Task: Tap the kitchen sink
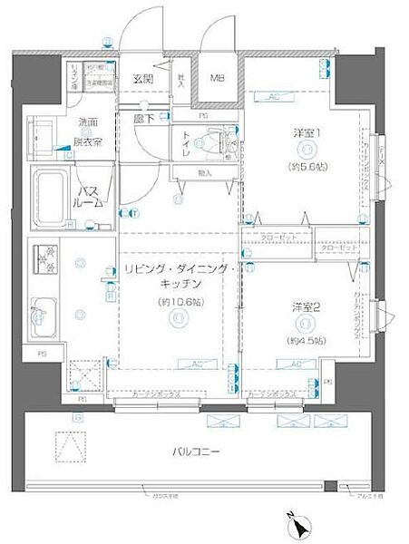click(44, 315)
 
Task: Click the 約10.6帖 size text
click(179, 302)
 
